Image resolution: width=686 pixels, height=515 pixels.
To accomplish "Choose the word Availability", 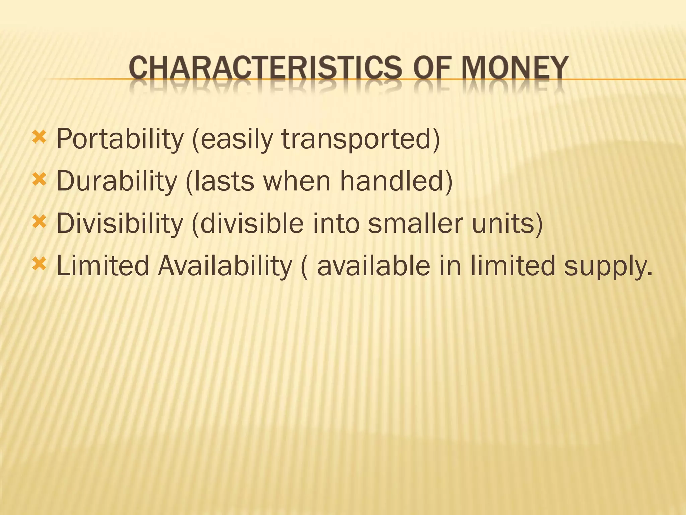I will tap(225, 266).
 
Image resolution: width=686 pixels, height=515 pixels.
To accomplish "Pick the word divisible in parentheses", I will tap(251, 224).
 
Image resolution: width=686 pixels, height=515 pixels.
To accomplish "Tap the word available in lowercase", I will tap(373, 266).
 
